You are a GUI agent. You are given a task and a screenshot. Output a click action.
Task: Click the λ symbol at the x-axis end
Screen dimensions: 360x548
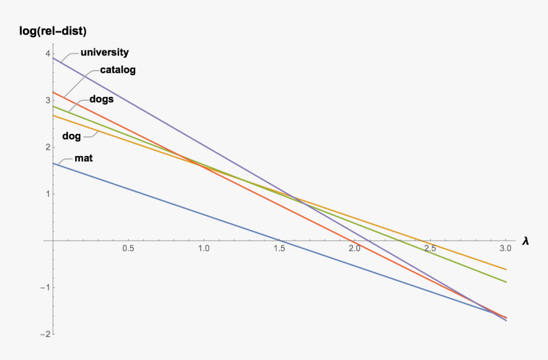[525, 241]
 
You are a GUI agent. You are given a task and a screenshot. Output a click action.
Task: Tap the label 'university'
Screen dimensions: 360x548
[105, 52]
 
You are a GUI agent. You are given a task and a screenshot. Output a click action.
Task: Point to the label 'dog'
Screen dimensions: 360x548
[71, 136]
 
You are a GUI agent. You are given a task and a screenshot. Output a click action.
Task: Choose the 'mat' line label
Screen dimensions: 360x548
[84, 157]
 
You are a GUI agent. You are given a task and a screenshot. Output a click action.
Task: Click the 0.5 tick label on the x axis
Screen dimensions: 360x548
[128, 249]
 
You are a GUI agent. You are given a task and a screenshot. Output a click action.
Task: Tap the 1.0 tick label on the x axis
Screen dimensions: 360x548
[204, 249]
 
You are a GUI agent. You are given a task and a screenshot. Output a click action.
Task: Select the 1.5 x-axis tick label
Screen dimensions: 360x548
[279, 249]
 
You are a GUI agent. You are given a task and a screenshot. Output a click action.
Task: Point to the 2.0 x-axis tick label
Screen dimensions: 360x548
[355, 249]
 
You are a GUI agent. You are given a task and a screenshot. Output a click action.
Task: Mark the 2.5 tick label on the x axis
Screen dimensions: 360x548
[430, 249]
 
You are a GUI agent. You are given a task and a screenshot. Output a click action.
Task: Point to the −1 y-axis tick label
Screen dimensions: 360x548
[45, 288]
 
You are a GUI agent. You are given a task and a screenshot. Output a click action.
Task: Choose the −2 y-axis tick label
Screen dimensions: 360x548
[45, 335]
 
